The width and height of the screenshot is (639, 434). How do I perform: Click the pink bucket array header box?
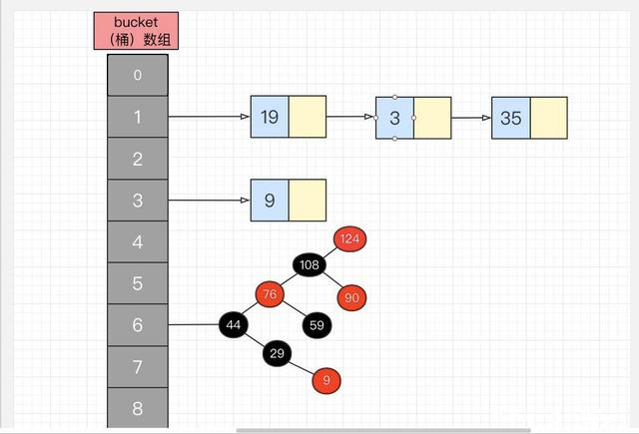click(x=138, y=31)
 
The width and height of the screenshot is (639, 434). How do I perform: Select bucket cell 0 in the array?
click(x=138, y=75)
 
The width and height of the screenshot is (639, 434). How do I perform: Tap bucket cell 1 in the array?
click(x=138, y=117)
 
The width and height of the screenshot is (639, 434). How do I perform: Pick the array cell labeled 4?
click(x=138, y=242)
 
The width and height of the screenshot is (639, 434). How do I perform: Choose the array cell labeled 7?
click(x=138, y=368)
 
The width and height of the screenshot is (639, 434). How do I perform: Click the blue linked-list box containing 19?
click(x=270, y=118)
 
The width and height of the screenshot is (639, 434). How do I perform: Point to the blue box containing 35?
click(x=511, y=118)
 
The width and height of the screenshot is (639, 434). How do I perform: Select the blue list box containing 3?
click(x=395, y=118)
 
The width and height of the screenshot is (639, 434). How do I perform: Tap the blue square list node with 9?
click(x=270, y=201)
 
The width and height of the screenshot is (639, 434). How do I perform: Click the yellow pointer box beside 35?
click(x=548, y=118)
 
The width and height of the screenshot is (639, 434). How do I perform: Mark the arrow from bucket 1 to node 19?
click(x=210, y=117)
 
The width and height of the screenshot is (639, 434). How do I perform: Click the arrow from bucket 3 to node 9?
click(x=210, y=201)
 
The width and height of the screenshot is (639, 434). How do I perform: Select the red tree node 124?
click(x=349, y=238)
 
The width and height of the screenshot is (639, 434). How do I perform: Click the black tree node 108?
click(x=310, y=265)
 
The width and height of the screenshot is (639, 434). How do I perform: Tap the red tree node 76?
click(x=269, y=294)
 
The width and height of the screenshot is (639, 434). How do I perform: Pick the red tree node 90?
click(x=349, y=296)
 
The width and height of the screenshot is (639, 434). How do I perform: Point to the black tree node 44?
click(x=235, y=324)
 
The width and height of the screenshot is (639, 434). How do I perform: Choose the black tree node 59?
click(x=318, y=324)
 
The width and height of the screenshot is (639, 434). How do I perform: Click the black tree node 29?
click(x=278, y=354)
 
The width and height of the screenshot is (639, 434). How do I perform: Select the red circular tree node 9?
click(x=327, y=379)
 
